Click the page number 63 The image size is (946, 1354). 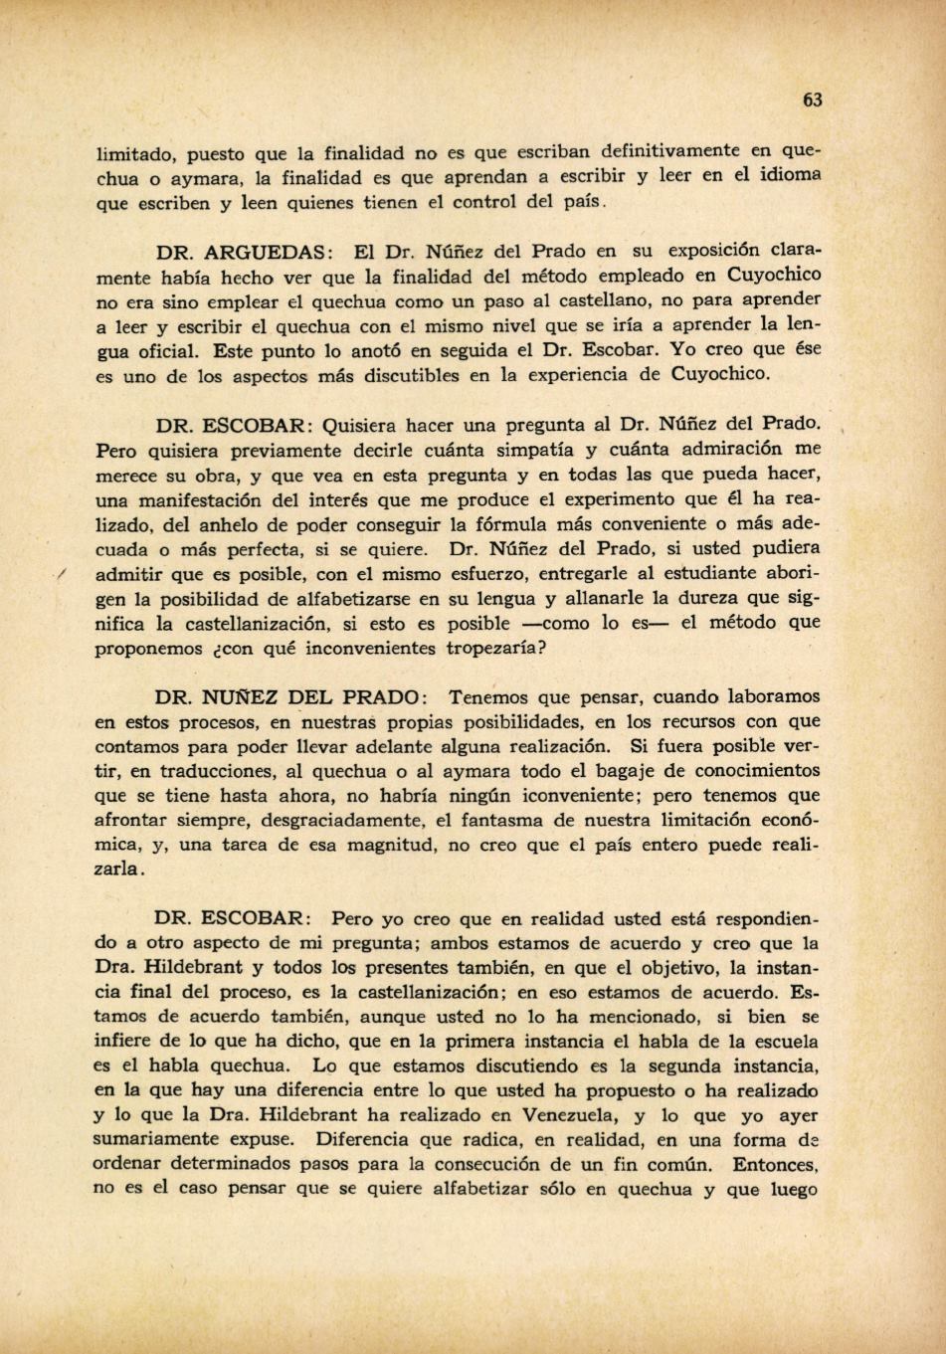[813, 99]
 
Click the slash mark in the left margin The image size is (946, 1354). [61, 573]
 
